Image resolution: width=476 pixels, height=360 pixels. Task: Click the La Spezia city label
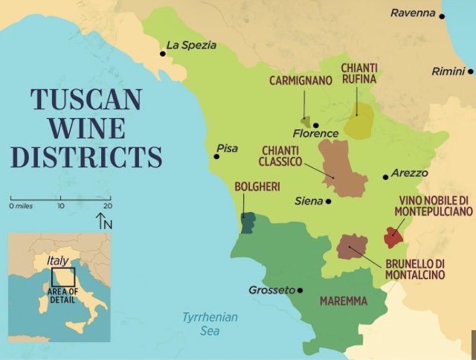tap(191, 45)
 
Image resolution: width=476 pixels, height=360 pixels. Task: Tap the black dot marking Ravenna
tap(442, 16)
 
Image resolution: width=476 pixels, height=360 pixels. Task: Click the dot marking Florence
tap(315, 125)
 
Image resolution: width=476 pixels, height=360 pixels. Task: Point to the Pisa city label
tap(227, 148)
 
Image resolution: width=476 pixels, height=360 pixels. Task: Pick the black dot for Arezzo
tap(385, 177)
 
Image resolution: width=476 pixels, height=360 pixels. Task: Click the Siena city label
tap(309, 201)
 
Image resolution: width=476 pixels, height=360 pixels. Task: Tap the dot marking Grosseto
tap(300, 290)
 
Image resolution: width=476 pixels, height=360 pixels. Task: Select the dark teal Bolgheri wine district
tap(248, 221)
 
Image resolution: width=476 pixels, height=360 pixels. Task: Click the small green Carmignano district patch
tap(305, 120)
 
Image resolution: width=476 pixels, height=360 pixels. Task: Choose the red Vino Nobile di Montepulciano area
tap(393, 237)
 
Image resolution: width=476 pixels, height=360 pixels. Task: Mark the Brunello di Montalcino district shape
tap(351, 247)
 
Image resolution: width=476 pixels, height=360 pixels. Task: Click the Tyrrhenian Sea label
tap(210, 324)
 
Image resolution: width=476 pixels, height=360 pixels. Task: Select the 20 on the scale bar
tap(107, 205)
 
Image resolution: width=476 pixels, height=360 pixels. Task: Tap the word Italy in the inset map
tap(57, 260)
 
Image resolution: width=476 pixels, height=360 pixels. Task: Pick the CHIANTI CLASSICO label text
tap(280, 155)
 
